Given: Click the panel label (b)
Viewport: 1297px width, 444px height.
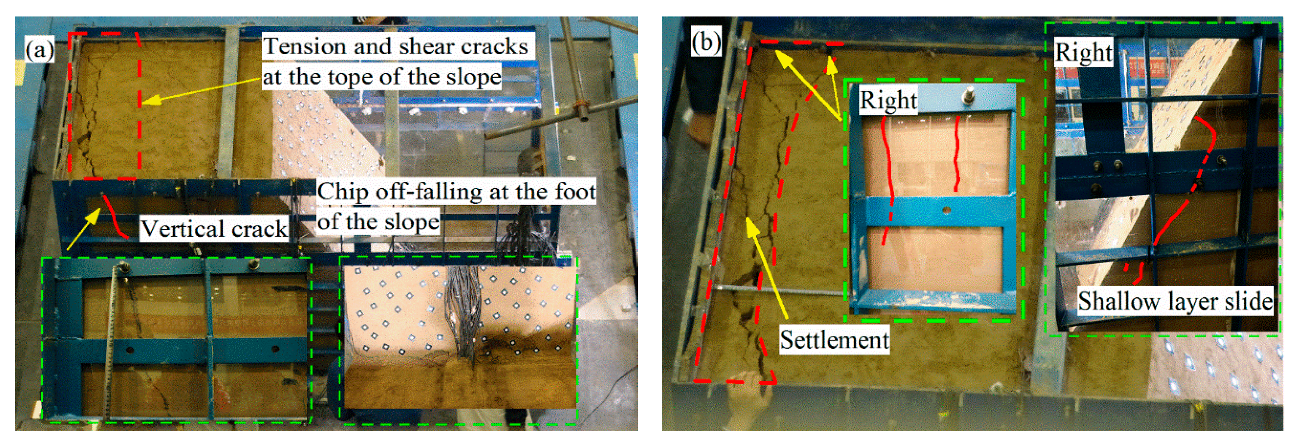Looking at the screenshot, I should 706,42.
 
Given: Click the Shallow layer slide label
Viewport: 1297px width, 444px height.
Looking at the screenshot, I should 1175,301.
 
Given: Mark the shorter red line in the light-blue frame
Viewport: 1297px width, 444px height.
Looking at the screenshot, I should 957,153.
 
